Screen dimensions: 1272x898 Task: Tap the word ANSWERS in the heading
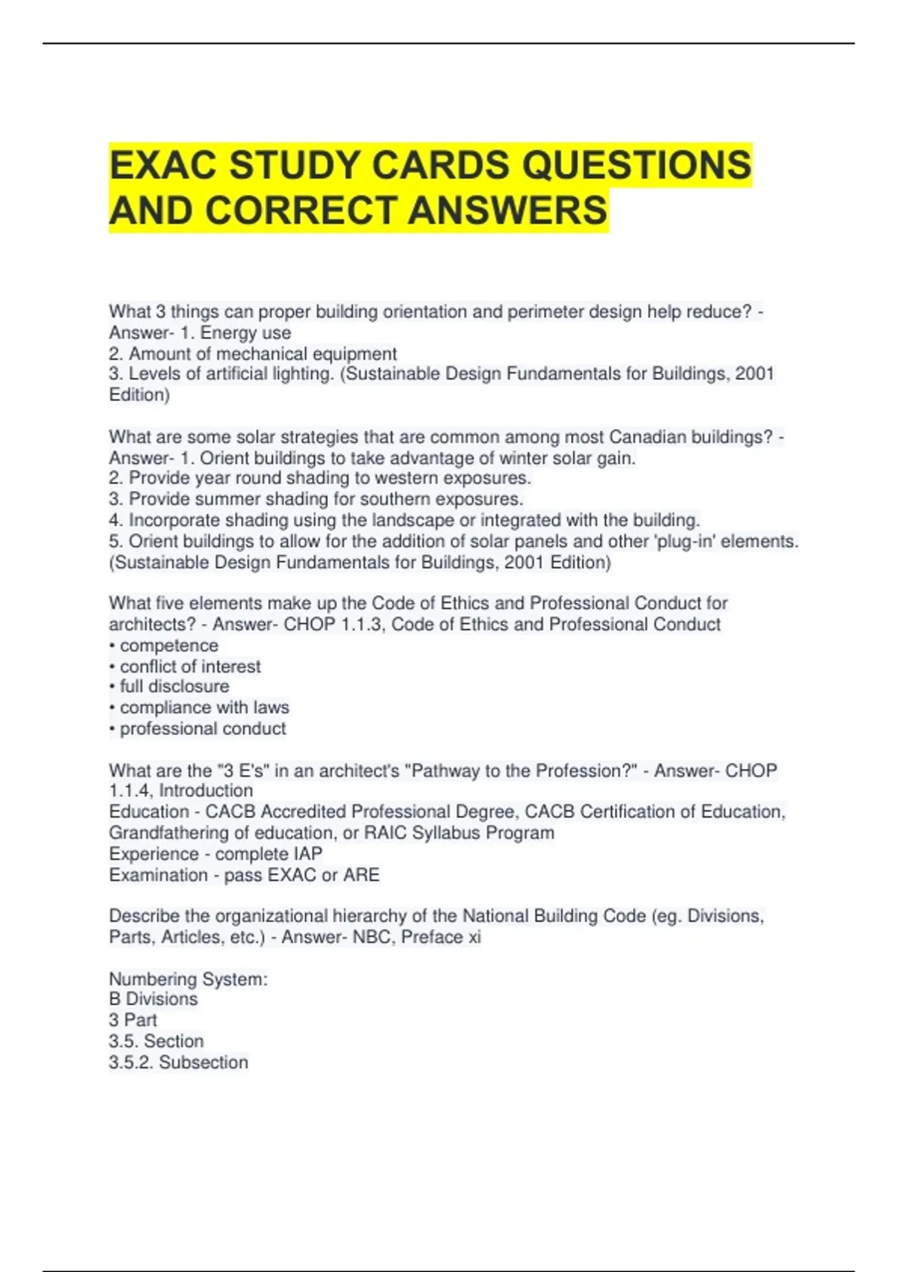508,210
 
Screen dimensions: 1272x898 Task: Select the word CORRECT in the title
302,210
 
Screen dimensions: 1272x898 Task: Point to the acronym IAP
308,854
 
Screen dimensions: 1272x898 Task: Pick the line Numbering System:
188,979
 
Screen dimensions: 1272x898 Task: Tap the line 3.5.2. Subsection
178,1062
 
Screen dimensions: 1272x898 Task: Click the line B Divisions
153,999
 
